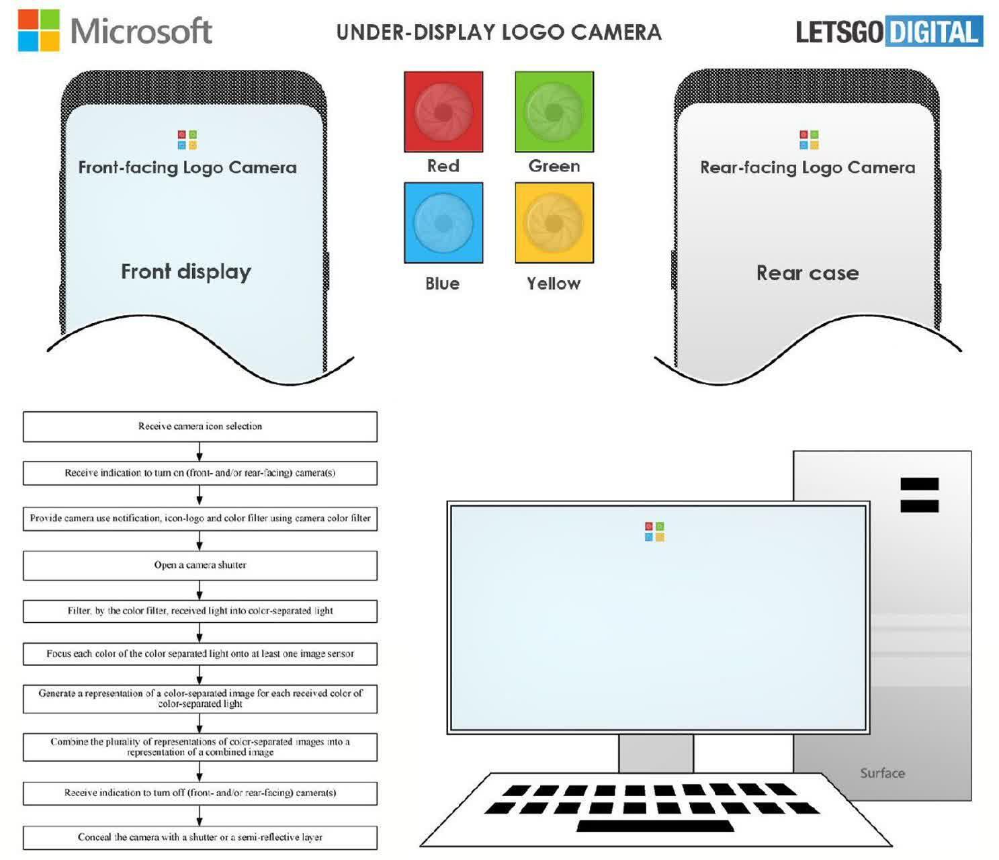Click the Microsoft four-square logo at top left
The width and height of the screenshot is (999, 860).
click(x=39, y=30)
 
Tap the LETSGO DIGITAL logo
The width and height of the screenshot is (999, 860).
click(x=889, y=32)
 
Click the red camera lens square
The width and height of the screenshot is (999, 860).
click(x=443, y=112)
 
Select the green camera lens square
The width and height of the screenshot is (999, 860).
click(x=554, y=112)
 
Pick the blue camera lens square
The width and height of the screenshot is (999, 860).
click(x=443, y=222)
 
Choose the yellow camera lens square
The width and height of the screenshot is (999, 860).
click(x=554, y=222)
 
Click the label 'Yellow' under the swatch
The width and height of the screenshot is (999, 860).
click(x=554, y=284)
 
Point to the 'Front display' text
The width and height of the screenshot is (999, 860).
click(x=186, y=271)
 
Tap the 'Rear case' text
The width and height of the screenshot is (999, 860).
click(x=808, y=273)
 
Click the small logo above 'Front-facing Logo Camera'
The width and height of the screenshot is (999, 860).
click(x=187, y=140)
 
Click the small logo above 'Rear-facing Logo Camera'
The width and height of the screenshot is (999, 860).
click(x=809, y=140)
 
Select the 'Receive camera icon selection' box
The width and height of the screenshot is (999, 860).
click(x=200, y=427)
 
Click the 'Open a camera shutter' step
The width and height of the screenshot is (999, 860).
click(x=200, y=565)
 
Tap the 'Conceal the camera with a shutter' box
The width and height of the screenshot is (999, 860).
click(x=200, y=837)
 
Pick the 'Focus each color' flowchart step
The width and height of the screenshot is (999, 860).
click(x=200, y=654)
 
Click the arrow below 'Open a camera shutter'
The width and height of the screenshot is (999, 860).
click(x=200, y=591)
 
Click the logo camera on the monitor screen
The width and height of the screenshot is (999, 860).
click(x=654, y=531)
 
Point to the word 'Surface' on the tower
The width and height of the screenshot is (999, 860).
click(x=883, y=773)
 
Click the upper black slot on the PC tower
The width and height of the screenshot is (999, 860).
click(x=919, y=484)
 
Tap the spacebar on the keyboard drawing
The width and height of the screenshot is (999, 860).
click(x=656, y=826)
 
